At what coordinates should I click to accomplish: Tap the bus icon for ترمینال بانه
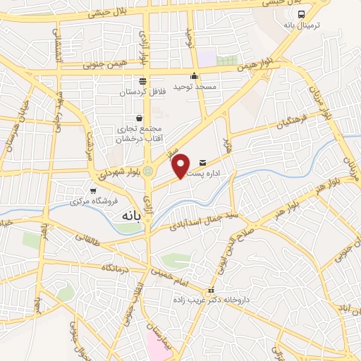[x=302, y=14]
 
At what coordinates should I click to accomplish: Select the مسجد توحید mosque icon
[x=195, y=76]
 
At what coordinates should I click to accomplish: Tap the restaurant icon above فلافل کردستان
[x=142, y=80]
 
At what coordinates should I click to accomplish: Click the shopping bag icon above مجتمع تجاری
[x=139, y=117]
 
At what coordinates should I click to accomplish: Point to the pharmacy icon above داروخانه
[x=209, y=290]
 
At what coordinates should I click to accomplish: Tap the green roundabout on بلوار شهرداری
[x=148, y=171]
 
